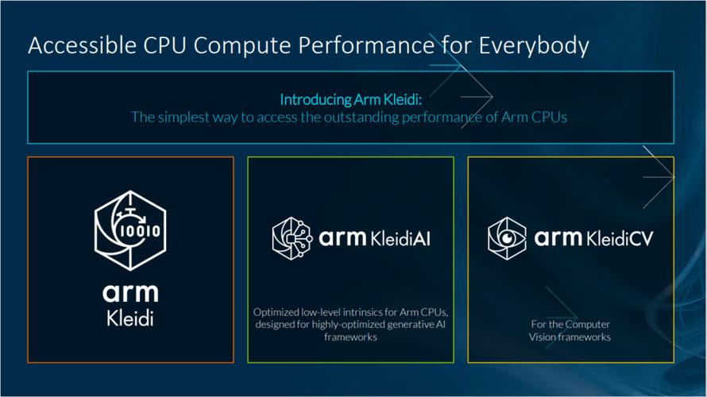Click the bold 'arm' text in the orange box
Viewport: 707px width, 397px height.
click(x=130, y=292)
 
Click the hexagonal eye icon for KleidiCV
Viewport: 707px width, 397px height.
click(x=506, y=237)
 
